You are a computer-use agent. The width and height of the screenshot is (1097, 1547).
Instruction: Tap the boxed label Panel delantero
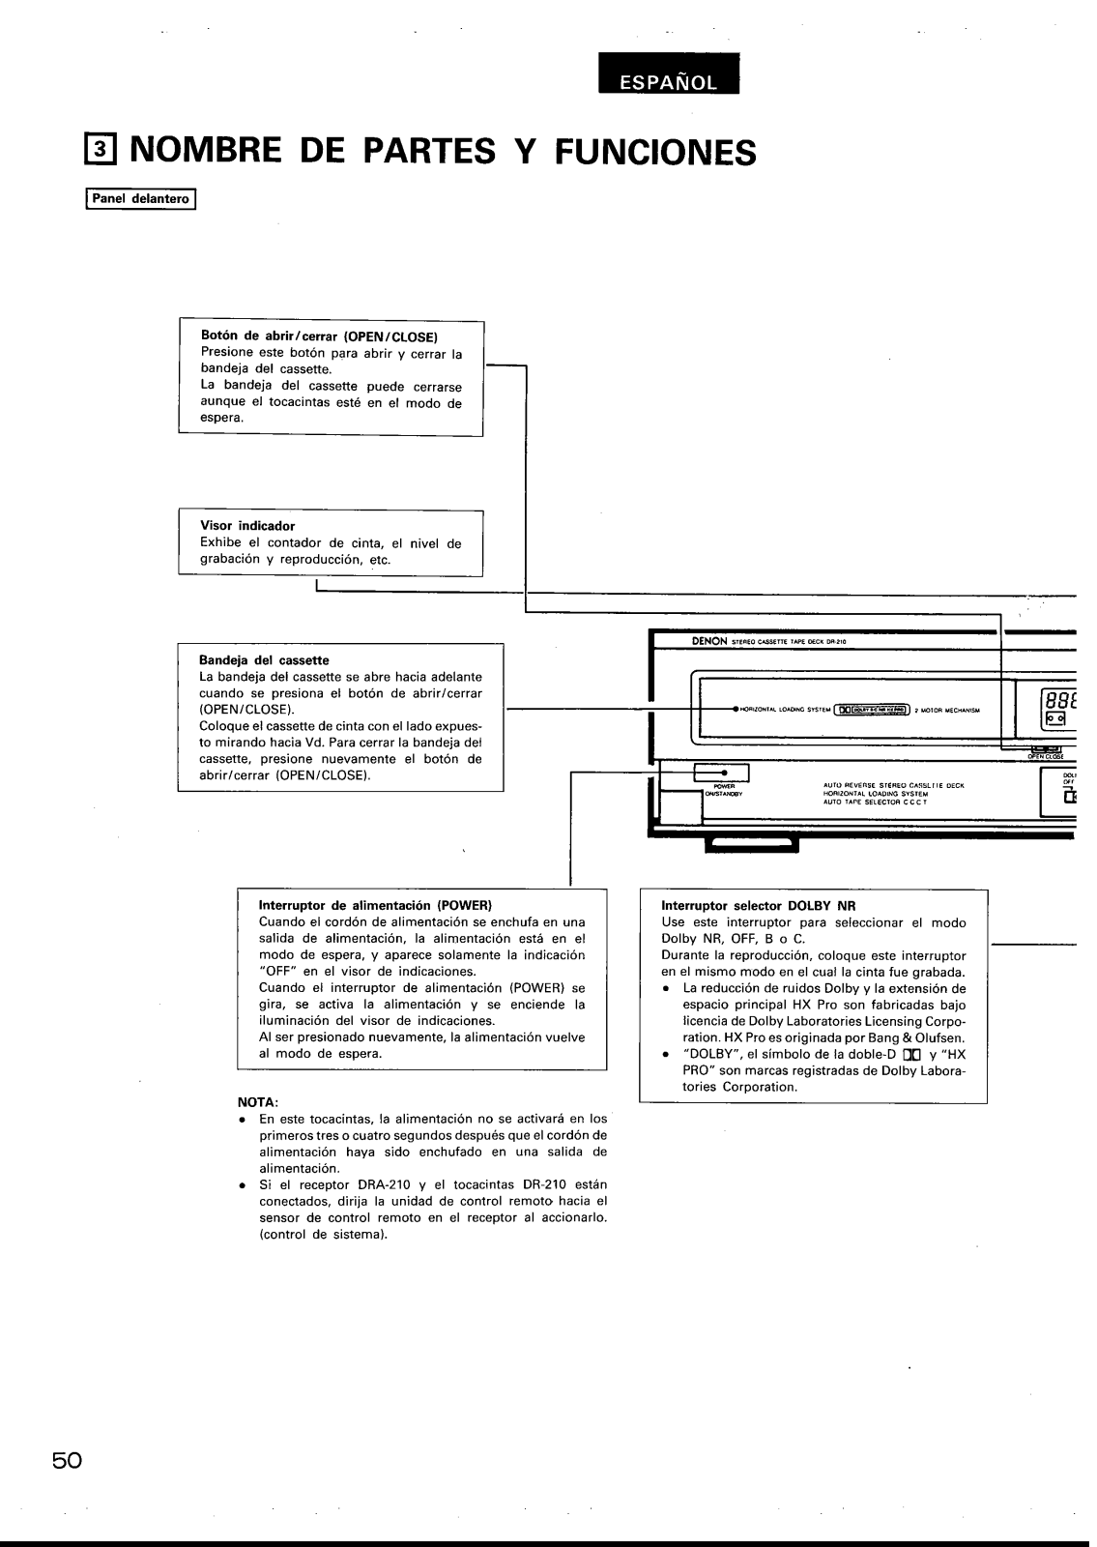point(141,201)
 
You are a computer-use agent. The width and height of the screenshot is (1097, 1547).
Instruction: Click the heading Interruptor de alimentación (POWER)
point(376,906)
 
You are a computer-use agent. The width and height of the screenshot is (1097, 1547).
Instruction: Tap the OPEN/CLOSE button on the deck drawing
point(1046,749)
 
